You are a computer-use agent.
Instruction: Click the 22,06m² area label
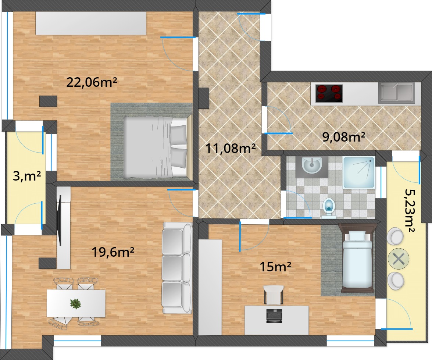pyautogui.click(x=92, y=82)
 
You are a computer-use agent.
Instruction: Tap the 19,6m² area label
pyautogui.click(x=113, y=252)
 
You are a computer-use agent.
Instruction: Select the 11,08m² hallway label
pyautogui.click(x=231, y=148)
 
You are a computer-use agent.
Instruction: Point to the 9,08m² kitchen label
pyautogui.click(x=344, y=137)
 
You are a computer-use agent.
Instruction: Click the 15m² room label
pyautogui.click(x=275, y=267)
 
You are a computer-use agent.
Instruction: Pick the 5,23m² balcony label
pyautogui.click(x=410, y=211)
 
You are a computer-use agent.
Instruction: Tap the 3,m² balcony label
pyautogui.click(x=27, y=176)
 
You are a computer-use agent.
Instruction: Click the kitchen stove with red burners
pyautogui.click(x=329, y=93)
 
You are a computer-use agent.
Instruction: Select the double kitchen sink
pyautogui.click(x=396, y=93)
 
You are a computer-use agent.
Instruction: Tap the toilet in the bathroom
pyautogui.click(x=329, y=208)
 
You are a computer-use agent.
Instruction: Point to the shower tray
pyautogui.click(x=359, y=172)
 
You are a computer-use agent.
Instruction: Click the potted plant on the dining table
pyautogui.click(x=75, y=304)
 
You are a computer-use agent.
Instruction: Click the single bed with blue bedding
pyautogui.click(x=357, y=258)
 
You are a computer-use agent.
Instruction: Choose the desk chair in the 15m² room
pyautogui.click(x=274, y=295)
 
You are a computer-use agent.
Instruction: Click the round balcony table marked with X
pyautogui.click(x=399, y=259)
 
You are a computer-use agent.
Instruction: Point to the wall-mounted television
pyautogui.click(x=59, y=220)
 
